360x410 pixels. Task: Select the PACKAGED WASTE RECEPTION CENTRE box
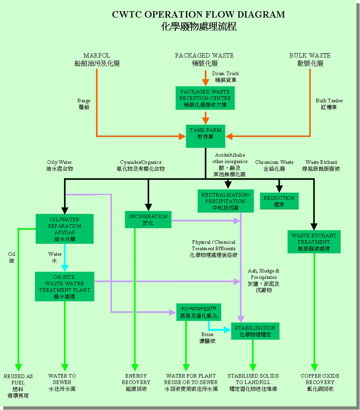pos(205,98)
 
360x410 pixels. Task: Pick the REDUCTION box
pos(279,201)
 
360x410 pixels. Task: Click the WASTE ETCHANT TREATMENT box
pos(314,242)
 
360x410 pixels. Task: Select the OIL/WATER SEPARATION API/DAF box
pos(64,229)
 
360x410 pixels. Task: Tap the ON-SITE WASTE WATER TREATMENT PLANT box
pos(64,287)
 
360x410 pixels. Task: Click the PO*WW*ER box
pos(199,312)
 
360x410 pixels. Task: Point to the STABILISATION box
pos(255,331)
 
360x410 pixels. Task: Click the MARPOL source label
pos(97,59)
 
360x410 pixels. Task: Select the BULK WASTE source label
pos(310,59)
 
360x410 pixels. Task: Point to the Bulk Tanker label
pos(329,104)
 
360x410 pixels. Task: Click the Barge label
pos(84,104)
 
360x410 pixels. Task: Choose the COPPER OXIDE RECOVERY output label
pos(320,382)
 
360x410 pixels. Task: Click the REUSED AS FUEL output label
pos(18,385)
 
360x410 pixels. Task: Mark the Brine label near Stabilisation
pos(207,338)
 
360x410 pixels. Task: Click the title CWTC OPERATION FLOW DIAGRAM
pos(198,15)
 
